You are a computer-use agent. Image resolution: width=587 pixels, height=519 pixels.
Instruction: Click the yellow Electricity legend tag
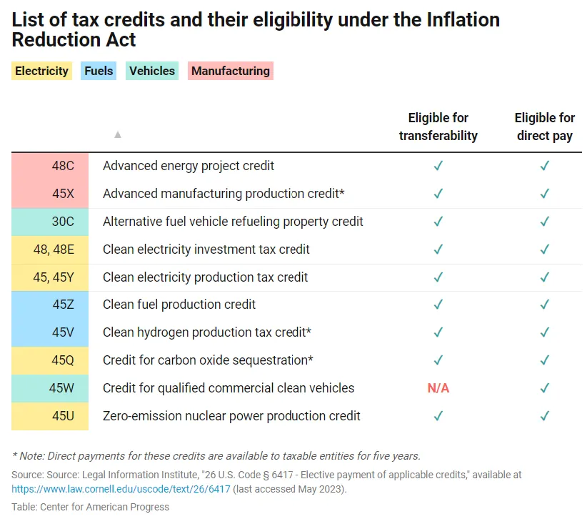41,71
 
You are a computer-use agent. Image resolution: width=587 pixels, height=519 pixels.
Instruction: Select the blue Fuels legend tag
99,71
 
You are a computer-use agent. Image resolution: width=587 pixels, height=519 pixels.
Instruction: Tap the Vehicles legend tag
152,71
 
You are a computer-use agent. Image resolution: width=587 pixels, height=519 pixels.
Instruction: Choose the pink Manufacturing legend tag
231,71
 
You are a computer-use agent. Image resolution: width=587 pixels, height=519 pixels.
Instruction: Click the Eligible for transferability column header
438,127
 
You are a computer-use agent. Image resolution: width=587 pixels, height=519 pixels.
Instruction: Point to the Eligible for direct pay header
544,127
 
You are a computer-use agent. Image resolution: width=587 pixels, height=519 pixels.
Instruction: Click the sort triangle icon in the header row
118,134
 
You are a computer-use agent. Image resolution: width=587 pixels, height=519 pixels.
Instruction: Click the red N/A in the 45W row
438,388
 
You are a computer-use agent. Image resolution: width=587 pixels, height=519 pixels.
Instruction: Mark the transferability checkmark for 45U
438,416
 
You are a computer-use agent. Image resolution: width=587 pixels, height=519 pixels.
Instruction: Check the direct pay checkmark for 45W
545,388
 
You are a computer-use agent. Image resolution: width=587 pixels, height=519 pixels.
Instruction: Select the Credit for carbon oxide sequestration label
208,360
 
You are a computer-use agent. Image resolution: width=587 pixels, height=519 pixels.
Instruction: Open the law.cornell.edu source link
121,489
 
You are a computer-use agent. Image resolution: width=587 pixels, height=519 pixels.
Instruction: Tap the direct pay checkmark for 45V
545,332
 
